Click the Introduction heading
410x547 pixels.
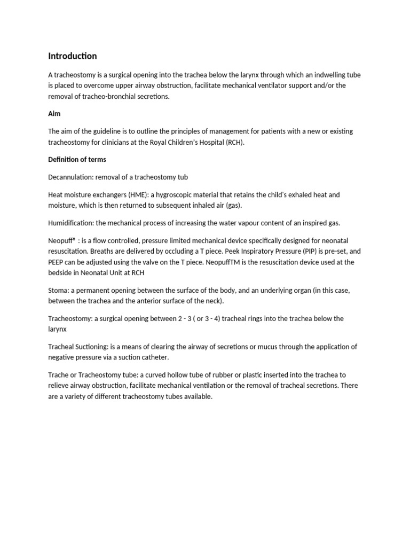point(73,56)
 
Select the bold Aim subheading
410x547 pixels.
point(54,114)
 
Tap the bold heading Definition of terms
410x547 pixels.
point(77,159)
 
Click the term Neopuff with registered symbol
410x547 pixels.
point(61,241)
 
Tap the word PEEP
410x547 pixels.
point(57,262)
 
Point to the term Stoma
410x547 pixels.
point(57,290)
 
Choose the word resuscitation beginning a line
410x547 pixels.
point(68,251)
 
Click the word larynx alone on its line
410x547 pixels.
point(57,329)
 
